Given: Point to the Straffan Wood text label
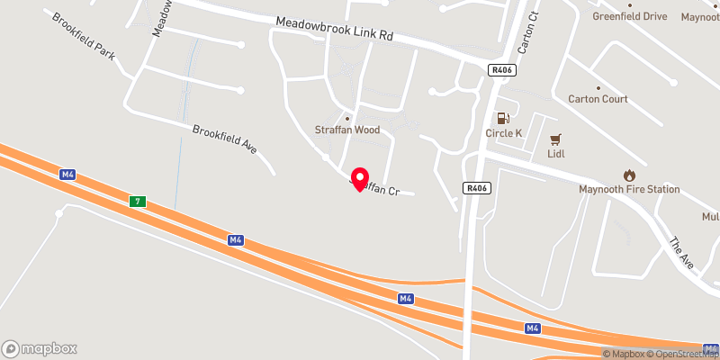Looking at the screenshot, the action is click(347, 130).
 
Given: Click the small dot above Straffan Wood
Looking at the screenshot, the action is click(347, 118).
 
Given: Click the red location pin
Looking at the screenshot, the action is click(360, 179).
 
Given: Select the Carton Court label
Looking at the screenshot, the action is click(598, 99).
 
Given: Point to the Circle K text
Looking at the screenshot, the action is click(504, 133).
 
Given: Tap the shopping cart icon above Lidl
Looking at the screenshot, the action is click(555, 139).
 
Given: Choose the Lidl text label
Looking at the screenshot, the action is click(555, 155).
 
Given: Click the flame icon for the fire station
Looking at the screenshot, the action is click(629, 175).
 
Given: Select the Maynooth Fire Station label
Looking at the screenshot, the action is click(629, 189).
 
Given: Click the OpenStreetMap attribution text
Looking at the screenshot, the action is click(684, 354).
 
